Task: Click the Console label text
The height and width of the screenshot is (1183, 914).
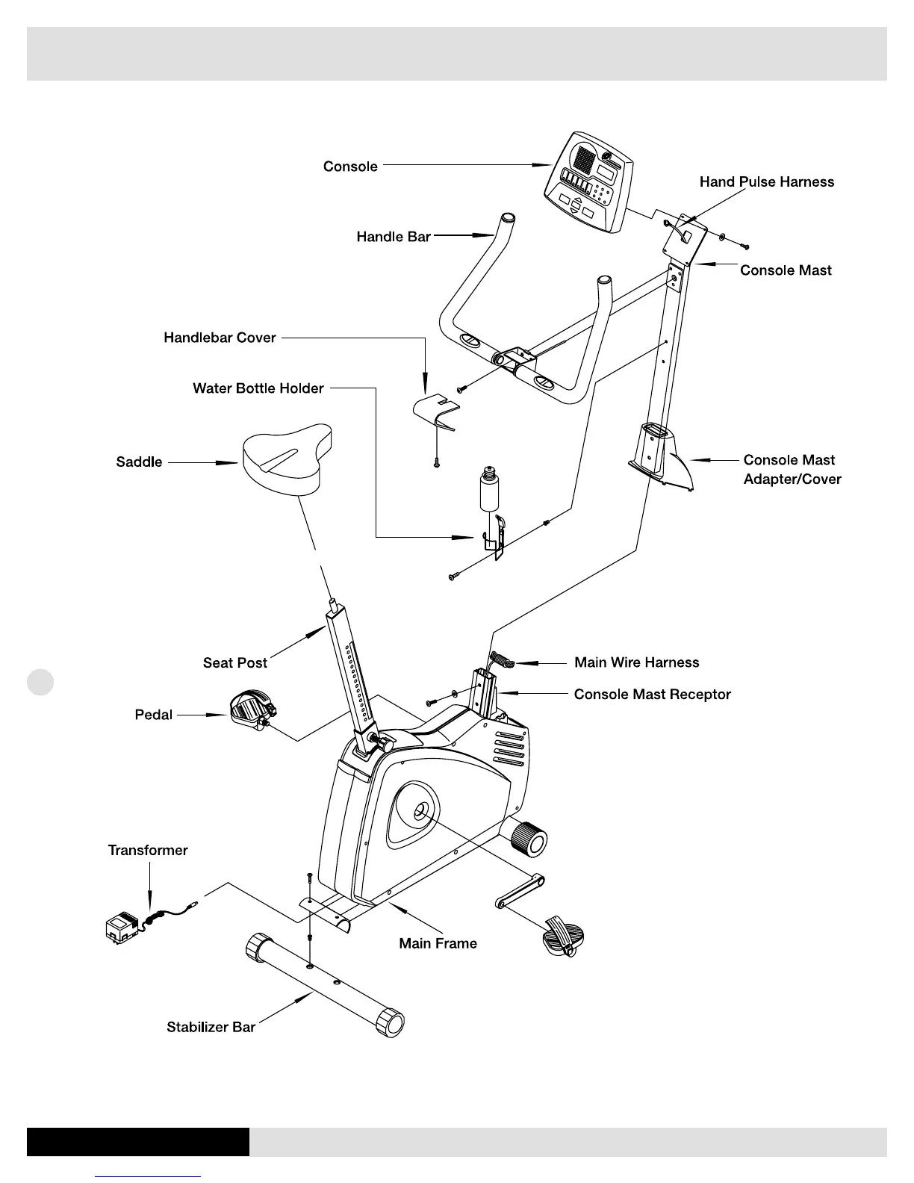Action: pos(350,166)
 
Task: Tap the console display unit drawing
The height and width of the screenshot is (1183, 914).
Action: pos(589,181)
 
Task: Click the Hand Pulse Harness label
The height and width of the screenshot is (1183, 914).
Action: pos(766,181)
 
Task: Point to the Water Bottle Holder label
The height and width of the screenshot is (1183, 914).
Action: pos(258,388)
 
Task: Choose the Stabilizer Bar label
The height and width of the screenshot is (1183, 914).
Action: pos(211,1027)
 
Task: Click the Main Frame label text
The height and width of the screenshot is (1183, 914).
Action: pos(438,943)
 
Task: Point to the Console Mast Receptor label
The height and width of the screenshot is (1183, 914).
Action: pos(652,695)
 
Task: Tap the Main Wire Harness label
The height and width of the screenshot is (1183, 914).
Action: pos(636,662)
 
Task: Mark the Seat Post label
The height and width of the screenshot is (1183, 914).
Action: pos(234,662)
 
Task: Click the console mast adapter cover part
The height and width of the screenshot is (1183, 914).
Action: pos(662,456)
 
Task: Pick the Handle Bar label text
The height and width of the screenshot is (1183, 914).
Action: pos(394,237)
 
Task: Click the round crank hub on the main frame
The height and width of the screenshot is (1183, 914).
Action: pos(420,810)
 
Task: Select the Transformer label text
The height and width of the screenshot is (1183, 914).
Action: pos(148,850)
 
